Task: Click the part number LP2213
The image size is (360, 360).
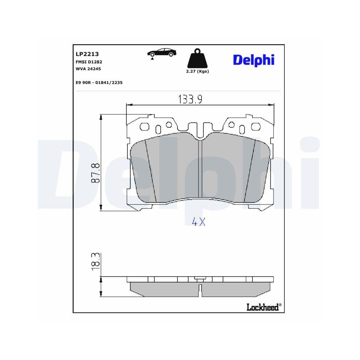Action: [85, 54]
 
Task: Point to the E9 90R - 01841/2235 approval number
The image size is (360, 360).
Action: [99, 82]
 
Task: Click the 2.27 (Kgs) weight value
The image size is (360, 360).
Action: [197, 71]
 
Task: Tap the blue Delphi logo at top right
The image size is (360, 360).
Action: [253, 60]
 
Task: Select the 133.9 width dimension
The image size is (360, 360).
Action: [190, 99]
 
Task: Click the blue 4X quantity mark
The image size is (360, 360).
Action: [198, 222]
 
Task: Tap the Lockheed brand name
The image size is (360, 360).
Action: [262, 307]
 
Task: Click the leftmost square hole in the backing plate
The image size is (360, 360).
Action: [145, 127]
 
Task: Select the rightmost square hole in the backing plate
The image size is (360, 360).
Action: [256, 127]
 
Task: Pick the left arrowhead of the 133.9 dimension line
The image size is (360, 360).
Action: [129, 105]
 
